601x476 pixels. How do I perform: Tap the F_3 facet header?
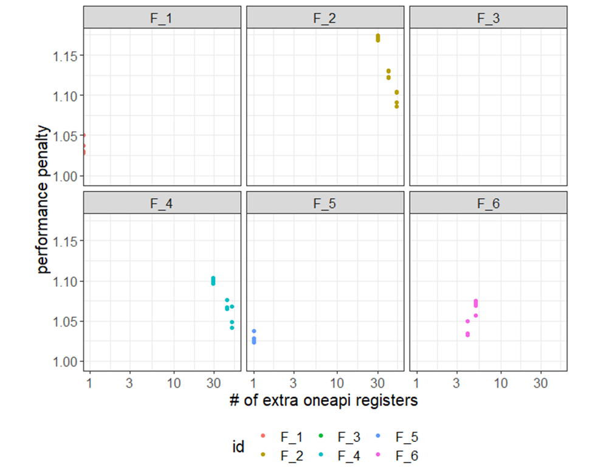point(488,18)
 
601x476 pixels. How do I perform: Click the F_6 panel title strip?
point(488,203)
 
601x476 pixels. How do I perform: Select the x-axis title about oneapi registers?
point(324,401)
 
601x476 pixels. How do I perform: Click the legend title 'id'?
point(239,446)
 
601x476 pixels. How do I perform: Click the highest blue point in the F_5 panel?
point(254,331)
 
